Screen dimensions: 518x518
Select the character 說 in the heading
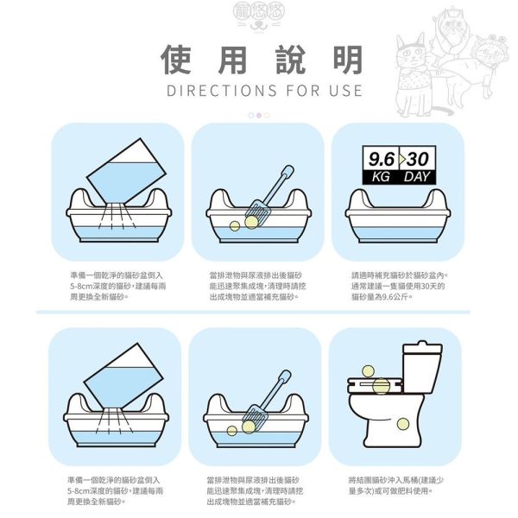click(x=288, y=58)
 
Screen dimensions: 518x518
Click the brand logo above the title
click(x=258, y=16)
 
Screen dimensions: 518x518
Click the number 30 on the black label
click(x=418, y=160)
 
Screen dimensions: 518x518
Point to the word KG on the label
click(x=381, y=176)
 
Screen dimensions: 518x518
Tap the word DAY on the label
click(x=417, y=176)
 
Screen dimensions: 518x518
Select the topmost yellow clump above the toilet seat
click(x=368, y=371)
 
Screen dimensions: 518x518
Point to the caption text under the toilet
click(x=397, y=485)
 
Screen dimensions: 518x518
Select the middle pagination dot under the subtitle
click(x=258, y=115)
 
